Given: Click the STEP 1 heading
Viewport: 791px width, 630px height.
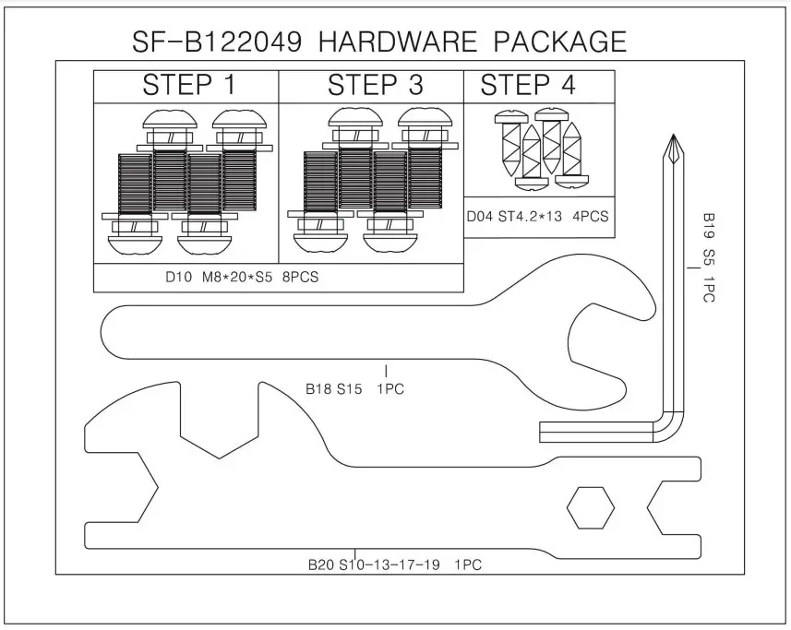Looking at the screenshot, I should tap(188, 86).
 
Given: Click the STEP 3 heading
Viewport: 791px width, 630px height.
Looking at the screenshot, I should tap(375, 86).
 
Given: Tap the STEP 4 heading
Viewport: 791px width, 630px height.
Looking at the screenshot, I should tap(528, 86).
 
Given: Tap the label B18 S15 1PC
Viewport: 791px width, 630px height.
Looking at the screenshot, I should tap(355, 388).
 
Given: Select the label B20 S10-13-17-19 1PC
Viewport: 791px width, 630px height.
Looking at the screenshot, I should tap(395, 564).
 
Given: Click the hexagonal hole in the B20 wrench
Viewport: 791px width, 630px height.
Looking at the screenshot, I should tap(590, 508).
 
